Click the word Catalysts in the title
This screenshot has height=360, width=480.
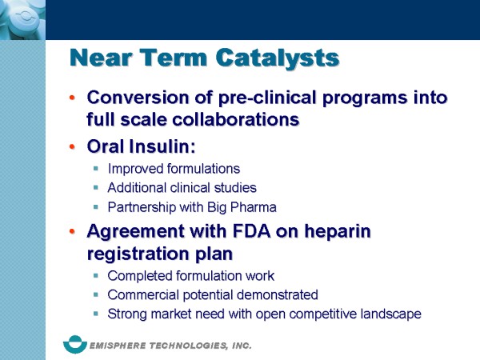[278, 58]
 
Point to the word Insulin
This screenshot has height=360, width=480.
[162, 146]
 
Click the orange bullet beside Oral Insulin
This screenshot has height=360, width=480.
[72, 146]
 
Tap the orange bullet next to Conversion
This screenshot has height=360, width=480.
[72, 98]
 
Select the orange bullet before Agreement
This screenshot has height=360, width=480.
[72, 231]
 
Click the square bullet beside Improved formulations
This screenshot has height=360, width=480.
[96, 168]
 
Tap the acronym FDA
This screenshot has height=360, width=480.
[252, 231]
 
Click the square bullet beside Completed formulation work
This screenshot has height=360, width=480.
[96, 276]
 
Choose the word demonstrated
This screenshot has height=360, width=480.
[278, 294]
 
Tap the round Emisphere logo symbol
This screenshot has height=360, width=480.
[75, 344]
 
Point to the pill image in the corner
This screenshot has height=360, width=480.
[22, 20]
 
